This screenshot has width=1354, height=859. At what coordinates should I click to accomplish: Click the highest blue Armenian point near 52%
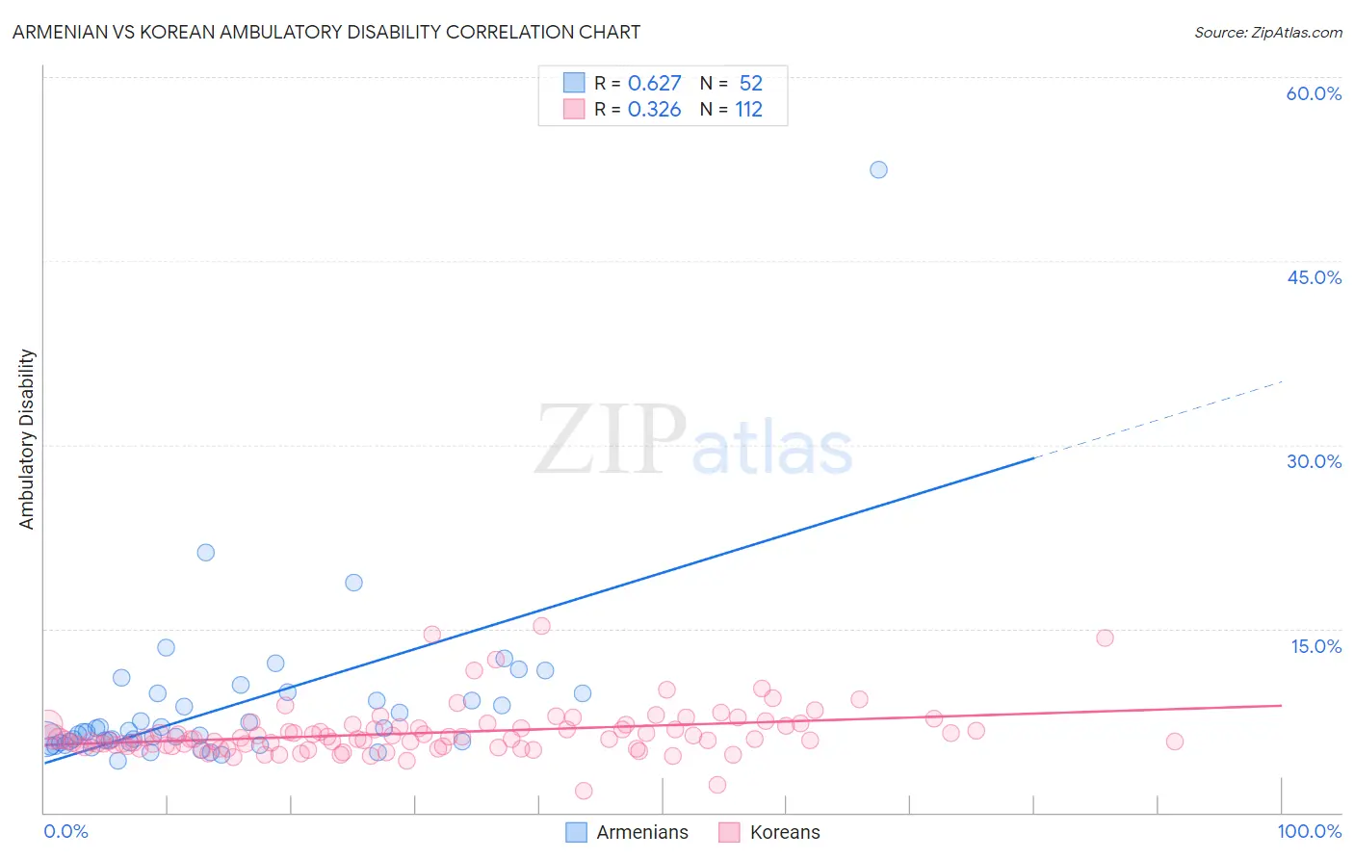tap(878, 169)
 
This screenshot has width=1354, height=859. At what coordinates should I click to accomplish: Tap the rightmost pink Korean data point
tap(1174, 742)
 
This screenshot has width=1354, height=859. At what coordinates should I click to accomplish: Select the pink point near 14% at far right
tap(1105, 638)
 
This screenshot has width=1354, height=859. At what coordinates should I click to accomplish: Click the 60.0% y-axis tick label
tap(1314, 93)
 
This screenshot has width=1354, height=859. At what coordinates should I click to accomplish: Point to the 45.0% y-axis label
tap(1314, 277)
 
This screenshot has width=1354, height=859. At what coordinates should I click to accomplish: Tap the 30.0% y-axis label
tap(1314, 461)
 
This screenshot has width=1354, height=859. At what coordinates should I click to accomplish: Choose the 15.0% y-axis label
tap(1315, 646)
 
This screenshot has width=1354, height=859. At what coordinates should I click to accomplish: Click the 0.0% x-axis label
tap(65, 831)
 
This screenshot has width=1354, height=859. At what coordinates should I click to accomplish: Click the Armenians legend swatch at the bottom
tap(576, 832)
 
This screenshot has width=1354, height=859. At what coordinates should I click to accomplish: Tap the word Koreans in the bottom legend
tap(785, 832)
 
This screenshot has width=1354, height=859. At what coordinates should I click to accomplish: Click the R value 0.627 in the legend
tap(654, 84)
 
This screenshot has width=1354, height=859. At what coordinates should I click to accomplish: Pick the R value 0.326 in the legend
tap(654, 110)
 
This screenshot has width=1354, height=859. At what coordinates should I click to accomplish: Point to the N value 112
tap(748, 110)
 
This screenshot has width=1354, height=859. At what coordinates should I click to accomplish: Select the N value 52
tap(750, 84)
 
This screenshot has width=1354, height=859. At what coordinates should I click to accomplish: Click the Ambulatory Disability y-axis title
tap(27, 439)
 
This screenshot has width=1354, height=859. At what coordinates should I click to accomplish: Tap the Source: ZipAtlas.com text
tap(1267, 33)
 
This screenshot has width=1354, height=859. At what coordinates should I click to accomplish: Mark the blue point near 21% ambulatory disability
tap(205, 553)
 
